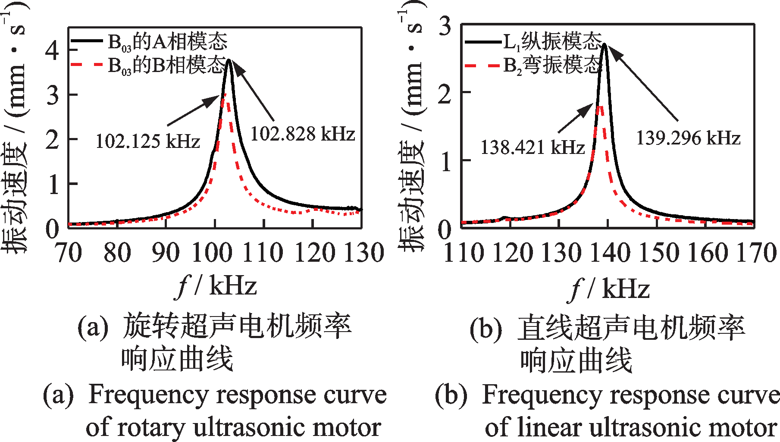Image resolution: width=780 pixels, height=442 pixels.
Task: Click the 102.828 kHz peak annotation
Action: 303,134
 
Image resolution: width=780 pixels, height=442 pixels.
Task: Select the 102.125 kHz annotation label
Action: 147,141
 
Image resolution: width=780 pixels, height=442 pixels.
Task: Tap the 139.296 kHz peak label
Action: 688,138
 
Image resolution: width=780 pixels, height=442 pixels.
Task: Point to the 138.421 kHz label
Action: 533,147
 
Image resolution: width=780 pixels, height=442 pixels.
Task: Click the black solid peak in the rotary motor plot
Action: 229,60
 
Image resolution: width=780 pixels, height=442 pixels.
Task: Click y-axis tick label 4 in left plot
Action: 52,51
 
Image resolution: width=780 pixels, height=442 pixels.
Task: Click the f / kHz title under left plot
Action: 217,286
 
